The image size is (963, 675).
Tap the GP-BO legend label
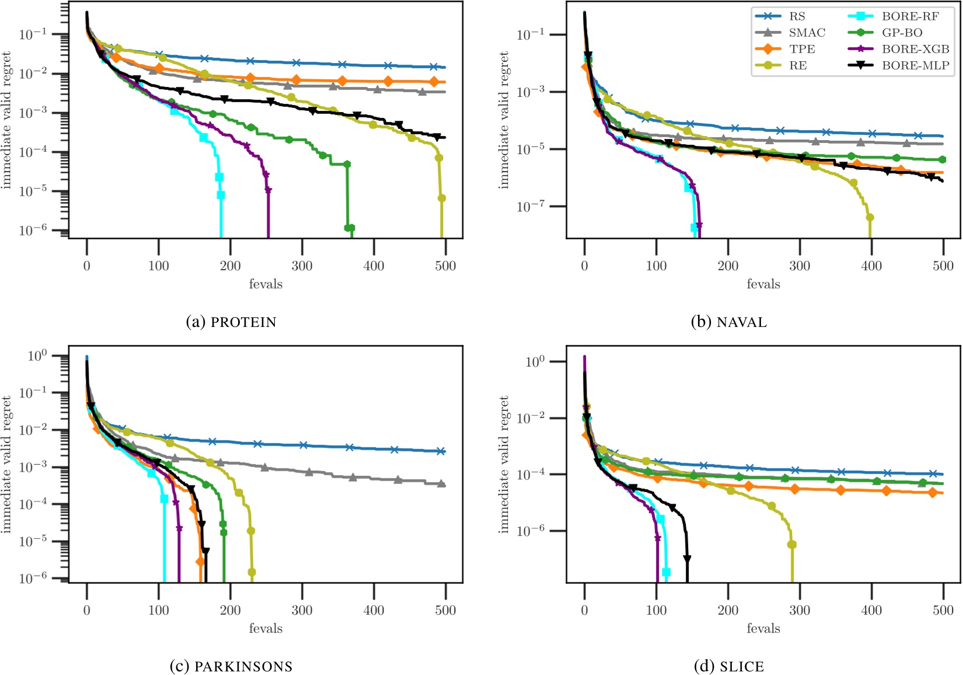pos(902,33)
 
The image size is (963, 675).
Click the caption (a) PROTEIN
pos(231,322)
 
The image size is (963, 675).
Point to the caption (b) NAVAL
pos(729,322)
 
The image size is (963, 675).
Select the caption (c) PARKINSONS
pos(231,666)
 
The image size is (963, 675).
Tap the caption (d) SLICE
pos(729,666)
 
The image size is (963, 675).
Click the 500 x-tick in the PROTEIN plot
pos(445,266)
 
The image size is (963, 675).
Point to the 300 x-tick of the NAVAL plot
pos(800,266)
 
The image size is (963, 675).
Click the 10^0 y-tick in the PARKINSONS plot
pos(37,356)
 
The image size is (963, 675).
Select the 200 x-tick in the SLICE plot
pos(728,611)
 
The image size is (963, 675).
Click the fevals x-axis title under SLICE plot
pos(763,629)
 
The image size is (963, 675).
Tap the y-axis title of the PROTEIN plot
pos(7,120)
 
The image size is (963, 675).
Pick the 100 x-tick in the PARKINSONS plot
pos(159,611)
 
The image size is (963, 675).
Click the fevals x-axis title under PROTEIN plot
pos(266,284)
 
